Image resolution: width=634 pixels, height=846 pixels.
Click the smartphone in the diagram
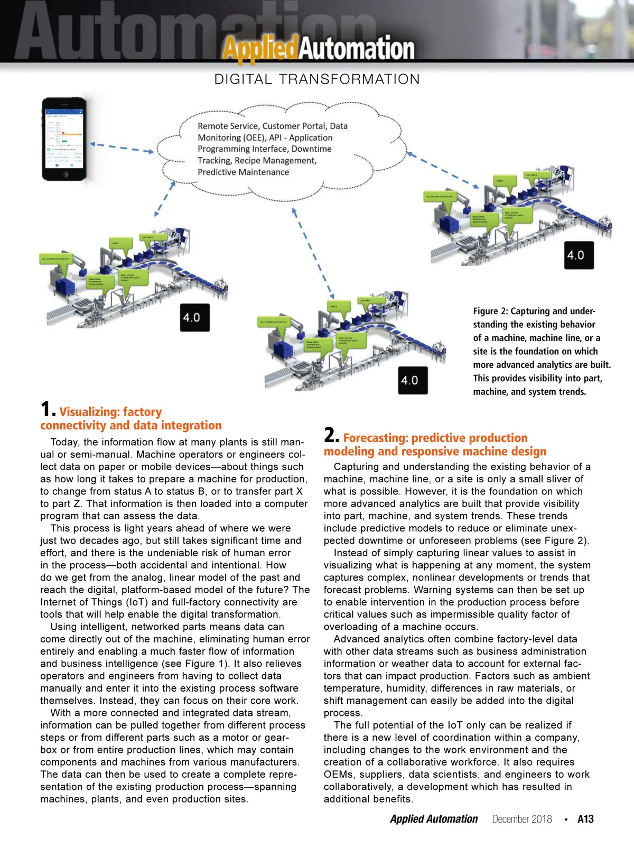(x=64, y=139)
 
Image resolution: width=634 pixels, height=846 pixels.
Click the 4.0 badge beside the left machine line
(x=194, y=317)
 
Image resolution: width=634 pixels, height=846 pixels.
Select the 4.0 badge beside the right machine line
(x=579, y=255)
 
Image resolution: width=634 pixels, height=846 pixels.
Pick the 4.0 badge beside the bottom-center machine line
(x=413, y=380)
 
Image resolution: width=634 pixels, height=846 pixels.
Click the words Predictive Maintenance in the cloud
(x=243, y=172)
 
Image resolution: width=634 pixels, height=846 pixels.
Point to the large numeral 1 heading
(x=46, y=409)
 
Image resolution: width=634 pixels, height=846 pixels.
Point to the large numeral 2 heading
(x=331, y=435)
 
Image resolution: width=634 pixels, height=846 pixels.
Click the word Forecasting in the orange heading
(x=375, y=438)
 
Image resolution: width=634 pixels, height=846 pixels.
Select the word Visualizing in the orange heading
(x=89, y=411)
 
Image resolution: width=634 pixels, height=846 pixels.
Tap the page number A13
(x=585, y=819)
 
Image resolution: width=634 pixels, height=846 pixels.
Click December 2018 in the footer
(x=522, y=819)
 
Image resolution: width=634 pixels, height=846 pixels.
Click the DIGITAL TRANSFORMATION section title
(x=317, y=79)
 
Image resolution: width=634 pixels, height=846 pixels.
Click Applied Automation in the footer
(x=434, y=819)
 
